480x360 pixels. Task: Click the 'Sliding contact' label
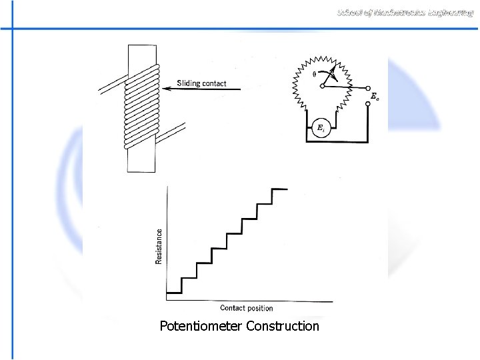(201, 83)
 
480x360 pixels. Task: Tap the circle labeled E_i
(321, 127)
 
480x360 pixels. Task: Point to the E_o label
(375, 97)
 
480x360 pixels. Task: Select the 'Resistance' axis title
(159, 246)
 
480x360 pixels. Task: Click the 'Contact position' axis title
(246, 308)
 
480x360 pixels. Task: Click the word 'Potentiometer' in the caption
(201, 326)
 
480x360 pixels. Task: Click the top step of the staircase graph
(279, 189)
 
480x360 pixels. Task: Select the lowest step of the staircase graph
(174, 292)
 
